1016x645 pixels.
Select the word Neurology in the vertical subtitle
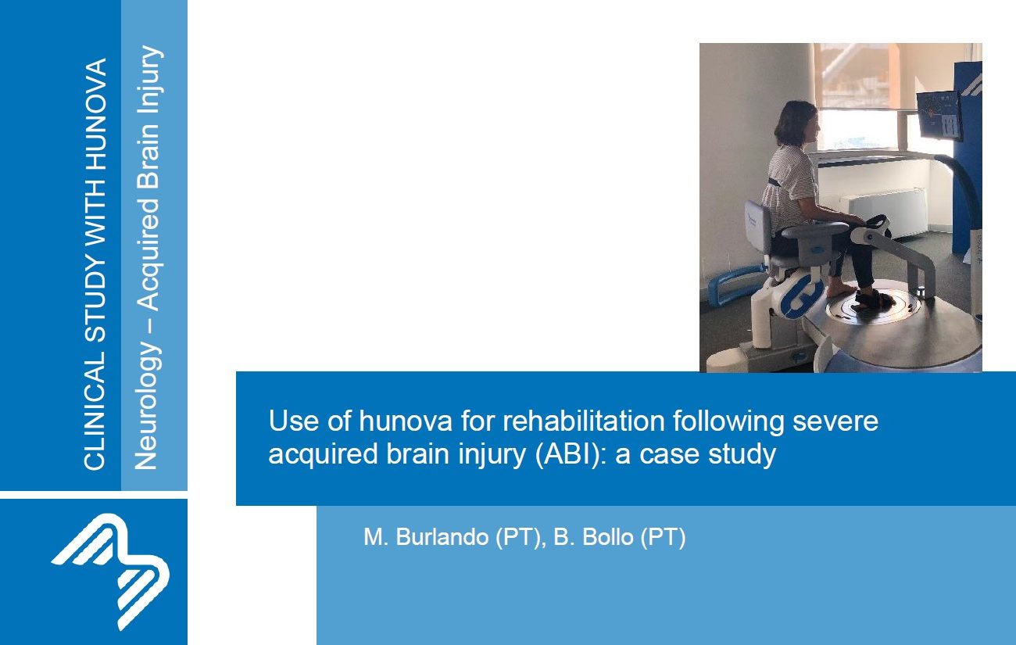(x=145, y=406)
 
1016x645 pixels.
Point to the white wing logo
(x=110, y=572)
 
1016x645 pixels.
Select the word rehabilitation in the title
(x=584, y=421)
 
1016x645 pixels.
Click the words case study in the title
(x=707, y=454)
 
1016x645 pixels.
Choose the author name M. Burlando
(x=426, y=537)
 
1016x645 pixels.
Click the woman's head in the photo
(x=796, y=124)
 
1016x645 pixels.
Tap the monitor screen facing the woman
(x=939, y=116)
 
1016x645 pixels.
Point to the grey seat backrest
(x=758, y=228)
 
